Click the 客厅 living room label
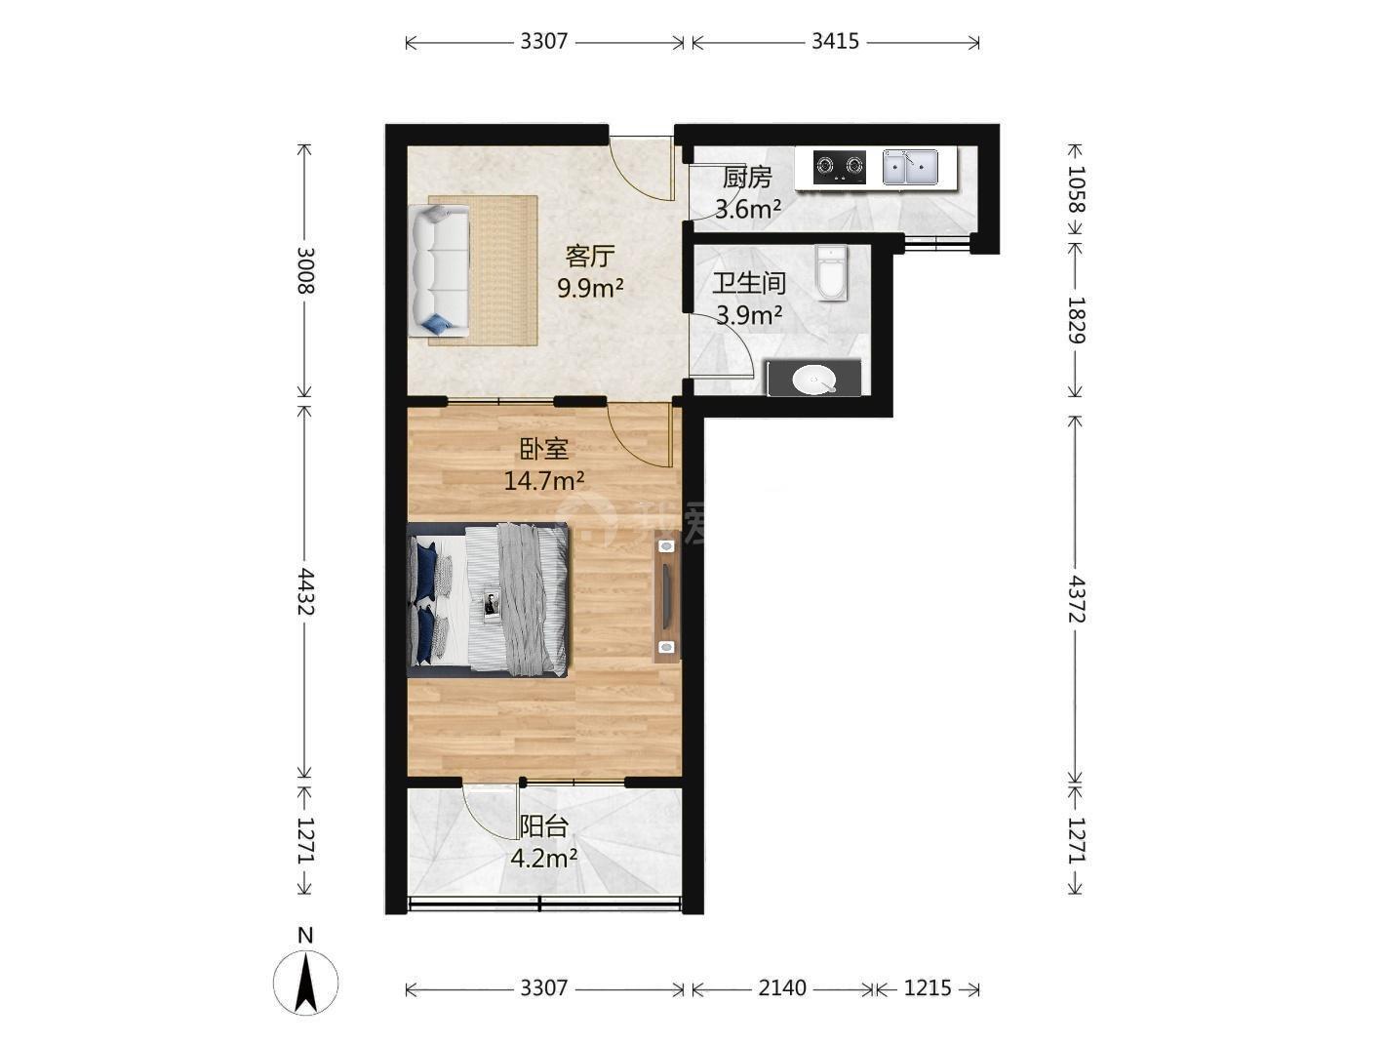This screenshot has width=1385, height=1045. coord(589,257)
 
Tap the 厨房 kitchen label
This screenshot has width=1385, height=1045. coord(747,178)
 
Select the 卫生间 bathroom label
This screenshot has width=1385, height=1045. coord(749,283)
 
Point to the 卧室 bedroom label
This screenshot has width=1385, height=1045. coord(544,449)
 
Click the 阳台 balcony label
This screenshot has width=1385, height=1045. coord(544,826)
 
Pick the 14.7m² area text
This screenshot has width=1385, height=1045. coord(544,481)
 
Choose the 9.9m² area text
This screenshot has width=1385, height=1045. coord(590,289)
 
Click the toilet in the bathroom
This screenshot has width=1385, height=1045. coord(832,272)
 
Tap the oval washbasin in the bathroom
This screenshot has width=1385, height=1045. coord(814,380)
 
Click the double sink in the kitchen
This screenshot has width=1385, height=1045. coord(910,167)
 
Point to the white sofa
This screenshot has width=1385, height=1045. coord(441,270)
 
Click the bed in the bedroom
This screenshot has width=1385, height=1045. coord(489,599)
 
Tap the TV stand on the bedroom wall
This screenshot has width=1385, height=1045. coord(667,595)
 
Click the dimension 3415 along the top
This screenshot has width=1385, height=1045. coord(835,42)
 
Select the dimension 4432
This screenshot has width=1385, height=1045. coord(305,591)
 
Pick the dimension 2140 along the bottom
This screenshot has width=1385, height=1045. coord(782,987)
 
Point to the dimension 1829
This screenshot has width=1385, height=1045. coord(1076,320)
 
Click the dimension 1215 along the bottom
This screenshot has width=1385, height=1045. coord(928,987)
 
